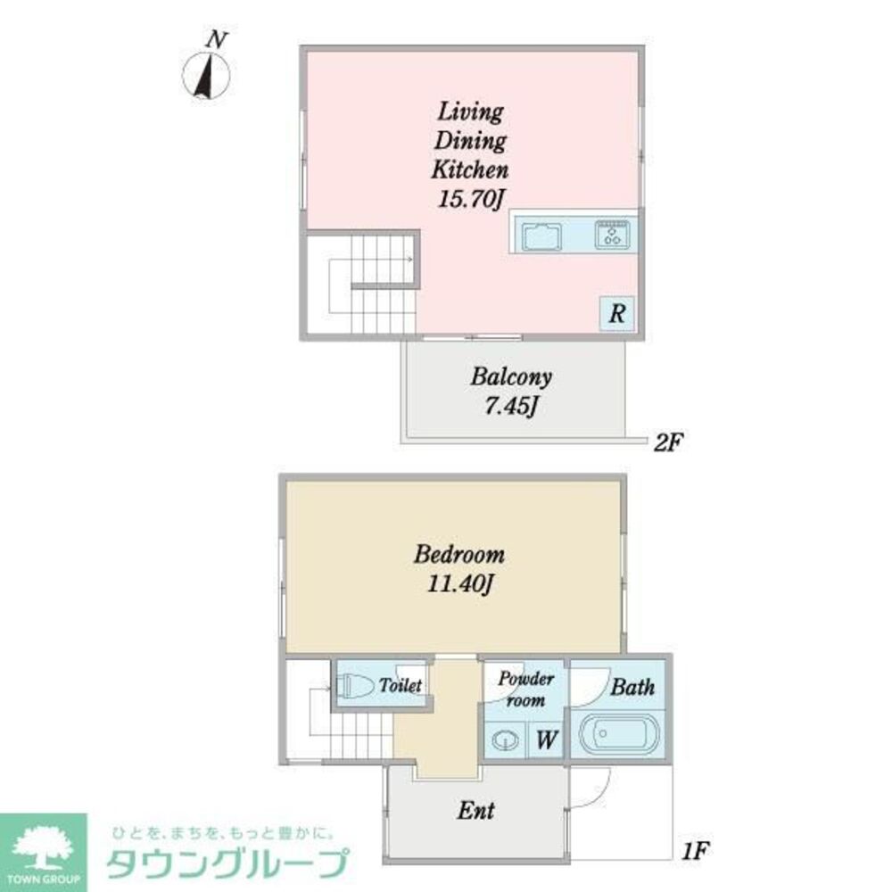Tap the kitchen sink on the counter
coord(541,237)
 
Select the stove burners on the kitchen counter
coord(613,235)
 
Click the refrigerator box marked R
coord(616,314)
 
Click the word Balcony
coord(511,376)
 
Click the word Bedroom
coord(459,554)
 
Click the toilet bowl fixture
coord(356,686)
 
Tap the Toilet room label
coord(401,686)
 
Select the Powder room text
coord(525,690)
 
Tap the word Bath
coord(632,687)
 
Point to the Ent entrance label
coord(475,811)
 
